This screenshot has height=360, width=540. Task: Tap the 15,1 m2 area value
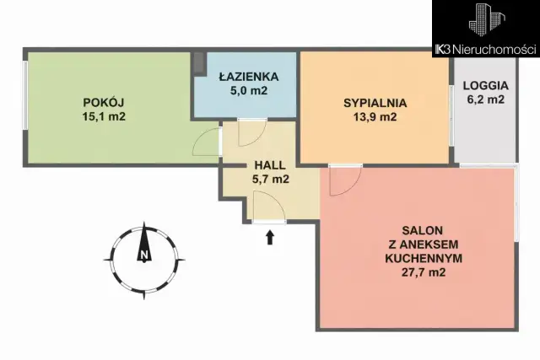coord(105,117)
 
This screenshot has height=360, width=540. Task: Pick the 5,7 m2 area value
coord(271,179)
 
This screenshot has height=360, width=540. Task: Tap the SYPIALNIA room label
coord(375,103)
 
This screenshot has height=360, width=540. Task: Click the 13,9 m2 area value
coord(375,117)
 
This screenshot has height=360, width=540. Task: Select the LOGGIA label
coord(485,85)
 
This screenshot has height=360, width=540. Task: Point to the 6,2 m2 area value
coord(485,99)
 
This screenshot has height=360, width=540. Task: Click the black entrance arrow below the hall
coord(270,238)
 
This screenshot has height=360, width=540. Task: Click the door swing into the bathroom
coord(251,133)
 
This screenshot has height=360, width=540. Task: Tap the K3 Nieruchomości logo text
coord(485,51)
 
